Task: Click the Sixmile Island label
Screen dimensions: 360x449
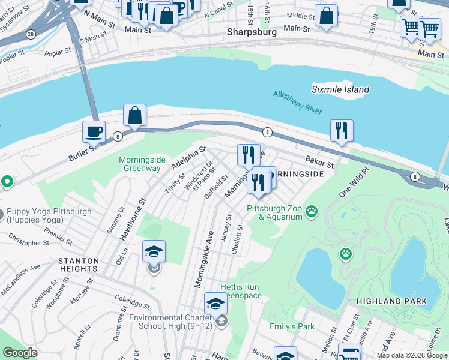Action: (340, 89)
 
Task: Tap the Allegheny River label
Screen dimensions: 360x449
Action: (298, 102)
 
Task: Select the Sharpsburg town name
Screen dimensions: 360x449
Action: (251, 32)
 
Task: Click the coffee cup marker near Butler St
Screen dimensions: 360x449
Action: (94, 131)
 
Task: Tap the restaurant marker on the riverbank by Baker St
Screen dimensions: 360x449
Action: (342, 130)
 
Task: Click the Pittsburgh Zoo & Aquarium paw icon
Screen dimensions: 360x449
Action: (312, 211)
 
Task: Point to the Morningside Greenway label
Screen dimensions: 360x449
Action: (140, 164)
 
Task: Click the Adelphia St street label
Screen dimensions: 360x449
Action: (189, 157)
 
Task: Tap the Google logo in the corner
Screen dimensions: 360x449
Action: (20, 353)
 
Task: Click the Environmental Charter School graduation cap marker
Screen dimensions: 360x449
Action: (215, 304)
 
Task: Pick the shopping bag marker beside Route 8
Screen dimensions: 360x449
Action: (135, 115)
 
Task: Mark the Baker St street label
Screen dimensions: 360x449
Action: (319, 162)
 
